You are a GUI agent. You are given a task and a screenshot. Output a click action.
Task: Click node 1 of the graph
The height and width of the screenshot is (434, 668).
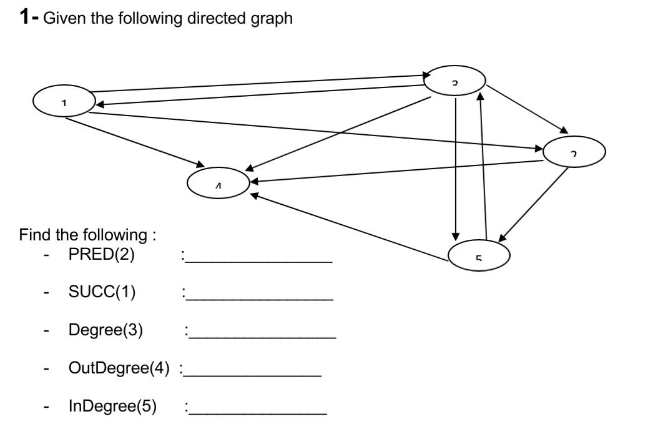click(x=64, y=102)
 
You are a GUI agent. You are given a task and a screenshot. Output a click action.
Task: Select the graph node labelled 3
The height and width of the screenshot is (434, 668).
click(x=454, y=81)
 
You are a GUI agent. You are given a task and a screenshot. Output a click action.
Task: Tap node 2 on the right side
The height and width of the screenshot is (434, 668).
click(x=574, y=151)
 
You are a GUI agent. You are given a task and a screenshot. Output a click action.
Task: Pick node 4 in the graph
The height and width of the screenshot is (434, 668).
click(x=219, y=183)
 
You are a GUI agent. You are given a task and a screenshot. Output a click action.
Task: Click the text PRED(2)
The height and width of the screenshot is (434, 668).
click(x=101, y=255)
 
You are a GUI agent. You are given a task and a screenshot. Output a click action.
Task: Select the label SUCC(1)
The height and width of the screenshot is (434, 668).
click(x=102, y=292)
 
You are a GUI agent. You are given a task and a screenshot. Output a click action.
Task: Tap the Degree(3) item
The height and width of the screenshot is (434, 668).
click(x=106, y=330)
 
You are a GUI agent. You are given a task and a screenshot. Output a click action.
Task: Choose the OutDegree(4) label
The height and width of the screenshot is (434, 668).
click(x=119, y=368)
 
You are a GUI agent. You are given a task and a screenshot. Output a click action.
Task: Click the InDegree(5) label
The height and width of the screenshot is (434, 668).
click(x=112, y=407)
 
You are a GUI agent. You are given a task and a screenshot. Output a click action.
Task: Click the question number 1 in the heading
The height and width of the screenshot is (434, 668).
click(x=25, y=17)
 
